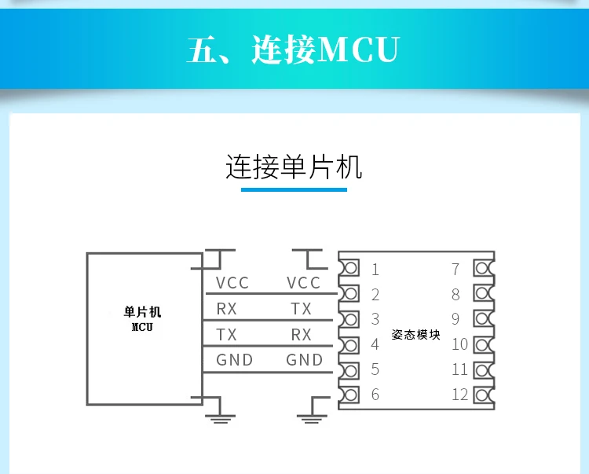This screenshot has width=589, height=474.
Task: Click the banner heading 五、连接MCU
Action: (294, 49)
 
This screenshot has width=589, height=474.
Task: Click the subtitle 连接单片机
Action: (294, 167)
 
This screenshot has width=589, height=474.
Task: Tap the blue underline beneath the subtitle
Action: (294, 189)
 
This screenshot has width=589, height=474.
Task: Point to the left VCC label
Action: (232, 283)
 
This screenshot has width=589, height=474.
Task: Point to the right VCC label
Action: (304, 283)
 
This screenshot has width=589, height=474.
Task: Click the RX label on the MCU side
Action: (226, 309)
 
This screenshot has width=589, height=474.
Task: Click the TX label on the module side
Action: (301, 309)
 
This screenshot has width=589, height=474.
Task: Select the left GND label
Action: (234, 360)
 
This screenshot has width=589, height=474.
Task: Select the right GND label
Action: (305, 360)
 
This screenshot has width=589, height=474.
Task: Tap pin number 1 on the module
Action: (375, 270)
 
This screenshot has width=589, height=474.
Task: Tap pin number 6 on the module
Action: (375, 395)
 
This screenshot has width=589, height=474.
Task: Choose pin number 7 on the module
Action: (455, 270)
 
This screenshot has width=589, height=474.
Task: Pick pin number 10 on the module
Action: (460, 344)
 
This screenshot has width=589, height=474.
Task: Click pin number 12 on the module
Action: (460, 395)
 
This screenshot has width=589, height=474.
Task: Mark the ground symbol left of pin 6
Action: (311, 417)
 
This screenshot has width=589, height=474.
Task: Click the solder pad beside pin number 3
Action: (350, 319)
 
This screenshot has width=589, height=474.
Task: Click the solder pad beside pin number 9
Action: (482, 319)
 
